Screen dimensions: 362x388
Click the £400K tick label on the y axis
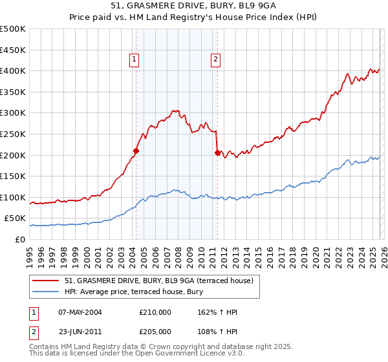tap(13, 70)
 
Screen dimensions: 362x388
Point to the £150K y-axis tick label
tap(13, 176)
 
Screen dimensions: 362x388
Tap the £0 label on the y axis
tap(21, 239)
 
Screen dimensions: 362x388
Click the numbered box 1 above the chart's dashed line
tap(134, 59)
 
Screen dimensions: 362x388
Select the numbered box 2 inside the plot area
tap(215, 59)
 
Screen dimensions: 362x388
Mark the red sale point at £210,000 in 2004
tap(136, 151)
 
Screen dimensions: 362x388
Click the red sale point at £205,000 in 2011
tap(217, 153)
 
